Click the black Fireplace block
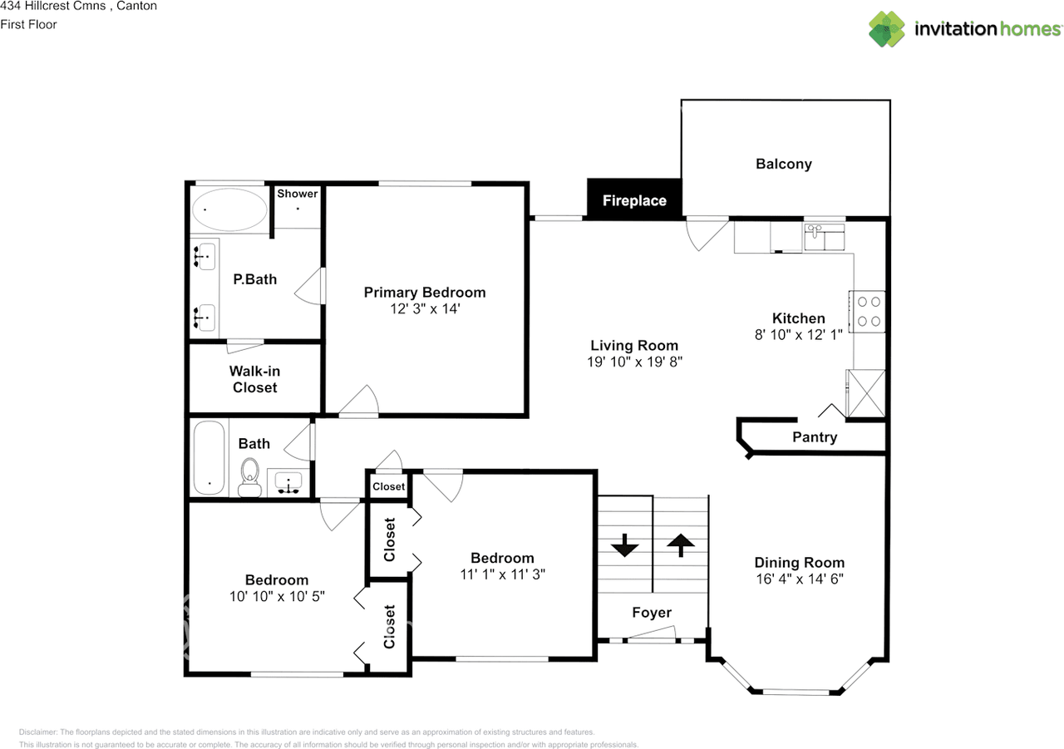pos(634,200)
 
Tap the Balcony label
pos(783,164)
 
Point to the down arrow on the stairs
pos(624,547)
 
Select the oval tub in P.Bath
pos(229,209)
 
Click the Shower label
pos(298,194)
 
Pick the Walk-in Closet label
pos(255,379)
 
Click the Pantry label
pos(815,437)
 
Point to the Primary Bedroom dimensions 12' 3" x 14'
pos(424,308)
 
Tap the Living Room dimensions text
pos(634,362)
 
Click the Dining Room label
pos(799,563)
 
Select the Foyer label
pos(652,613)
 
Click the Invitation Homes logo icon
pos(887,28)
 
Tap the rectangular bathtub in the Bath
pos(209,458)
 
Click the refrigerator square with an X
pos(865,392)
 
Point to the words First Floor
pos(29,24)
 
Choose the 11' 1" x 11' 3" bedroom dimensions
pos(502,574)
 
